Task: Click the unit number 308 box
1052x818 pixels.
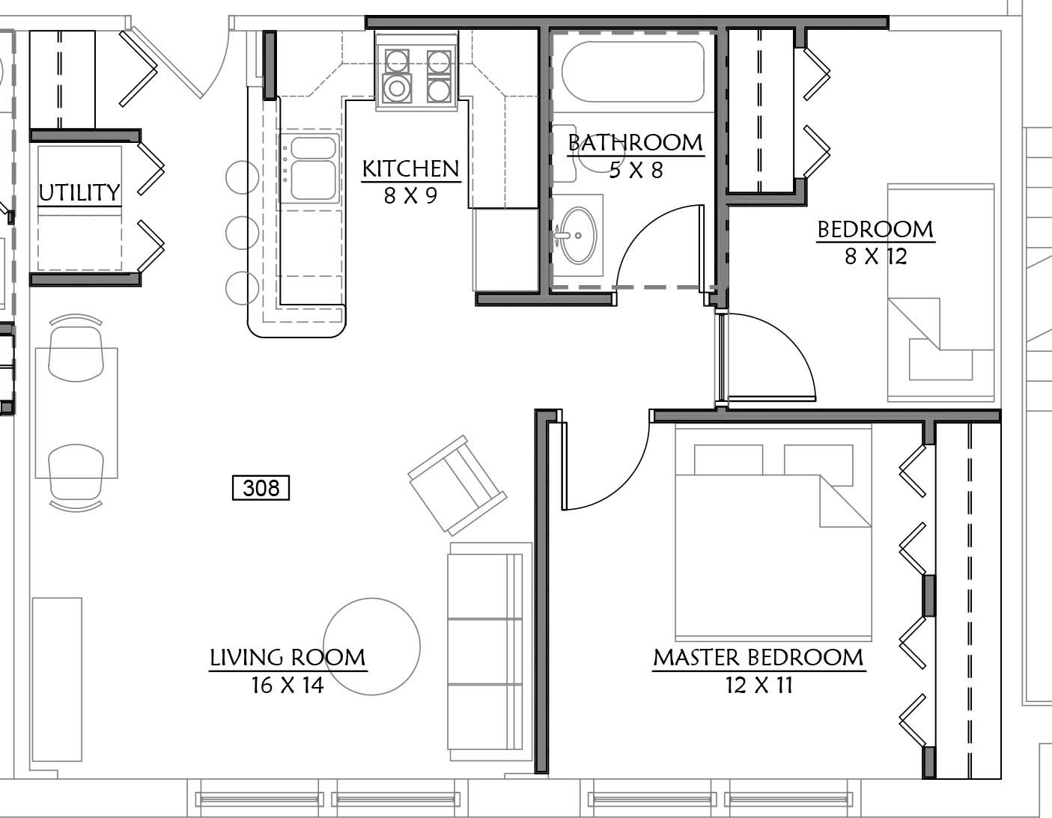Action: point(261,488)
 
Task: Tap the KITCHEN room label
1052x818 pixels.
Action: point(410,169)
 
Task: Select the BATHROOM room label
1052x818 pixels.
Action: point(636,143)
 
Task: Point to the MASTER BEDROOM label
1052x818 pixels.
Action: point(758,658)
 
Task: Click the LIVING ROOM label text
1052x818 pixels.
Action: point(288,658)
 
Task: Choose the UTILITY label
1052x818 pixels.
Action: point(79,192)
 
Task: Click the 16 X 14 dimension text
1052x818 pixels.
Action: point(288,685)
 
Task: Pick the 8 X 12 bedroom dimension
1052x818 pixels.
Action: point(876,257)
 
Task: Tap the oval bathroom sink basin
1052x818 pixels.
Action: point(578,236)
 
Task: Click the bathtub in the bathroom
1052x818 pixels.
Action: point(633,72)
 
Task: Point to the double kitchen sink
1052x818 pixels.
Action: point(310,168)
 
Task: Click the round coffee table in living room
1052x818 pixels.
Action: point(372,647)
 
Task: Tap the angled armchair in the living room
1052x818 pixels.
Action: point(457,485)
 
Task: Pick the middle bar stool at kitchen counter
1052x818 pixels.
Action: point(242,233)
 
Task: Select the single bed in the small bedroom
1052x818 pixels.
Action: point(940,292)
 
